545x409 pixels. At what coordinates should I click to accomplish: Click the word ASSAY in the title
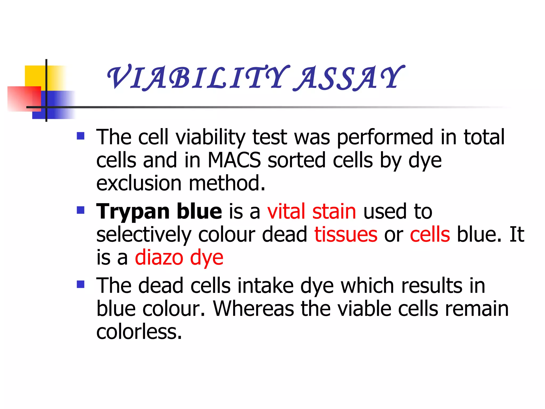coord(349,78)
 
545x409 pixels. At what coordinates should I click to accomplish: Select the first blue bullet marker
coord(80,136)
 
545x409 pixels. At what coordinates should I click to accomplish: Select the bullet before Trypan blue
coord(80,210)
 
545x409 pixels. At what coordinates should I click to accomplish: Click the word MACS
coord(234,160)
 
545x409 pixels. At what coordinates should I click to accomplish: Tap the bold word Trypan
coord(133,212)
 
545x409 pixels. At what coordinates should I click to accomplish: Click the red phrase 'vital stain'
coord(312,211)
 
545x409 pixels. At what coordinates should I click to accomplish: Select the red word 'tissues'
coord(346,235)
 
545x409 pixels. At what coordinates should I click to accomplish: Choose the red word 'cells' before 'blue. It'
coord(430,235)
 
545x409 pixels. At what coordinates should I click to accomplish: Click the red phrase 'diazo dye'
coord(179,258)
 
